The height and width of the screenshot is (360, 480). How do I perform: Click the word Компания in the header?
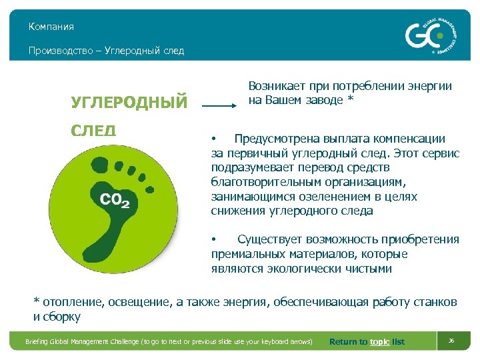pyautogui.click(x=51, y=27)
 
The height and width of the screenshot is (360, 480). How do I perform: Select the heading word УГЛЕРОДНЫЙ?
pyautogui.click(x=129, y=102)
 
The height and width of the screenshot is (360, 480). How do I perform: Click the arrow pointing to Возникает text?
pyautogui.click(x=219, y=105)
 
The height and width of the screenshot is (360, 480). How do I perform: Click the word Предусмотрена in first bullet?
pyautogui.click(x=273, y=139)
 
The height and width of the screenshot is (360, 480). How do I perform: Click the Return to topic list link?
pyautogui.click(x=367, y=342)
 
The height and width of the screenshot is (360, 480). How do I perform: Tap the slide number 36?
pyautogui.click(x=451, y=341)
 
